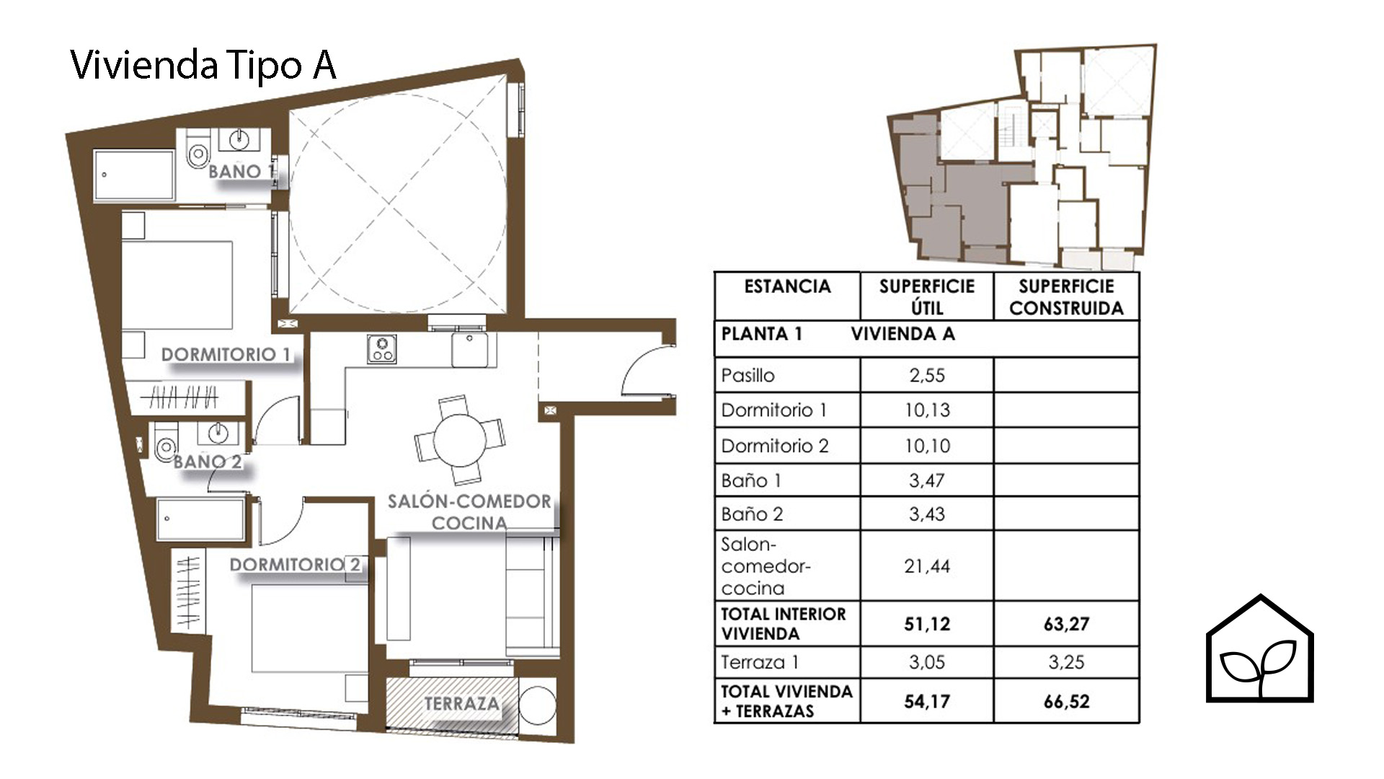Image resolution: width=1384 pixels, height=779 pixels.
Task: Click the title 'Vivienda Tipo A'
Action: pos(203,66)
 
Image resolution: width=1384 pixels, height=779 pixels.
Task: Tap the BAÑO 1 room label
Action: pos(241,172)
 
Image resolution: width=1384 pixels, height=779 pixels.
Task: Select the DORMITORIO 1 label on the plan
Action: pos(226,354)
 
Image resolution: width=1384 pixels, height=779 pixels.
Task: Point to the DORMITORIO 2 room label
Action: pos(295,564)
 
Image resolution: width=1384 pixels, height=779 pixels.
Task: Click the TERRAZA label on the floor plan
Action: pos(461,703)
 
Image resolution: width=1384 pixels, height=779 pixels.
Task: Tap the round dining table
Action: pos(460,439)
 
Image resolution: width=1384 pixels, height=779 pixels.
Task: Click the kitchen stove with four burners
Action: pos(381,349)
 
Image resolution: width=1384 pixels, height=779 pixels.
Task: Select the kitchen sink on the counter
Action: pos(470,349)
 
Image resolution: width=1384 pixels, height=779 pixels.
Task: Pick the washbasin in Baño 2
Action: pos(216,433)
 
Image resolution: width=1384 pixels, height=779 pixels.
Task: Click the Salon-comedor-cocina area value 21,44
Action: pos(927,566)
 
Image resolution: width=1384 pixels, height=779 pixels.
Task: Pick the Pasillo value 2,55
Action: pos(927,375)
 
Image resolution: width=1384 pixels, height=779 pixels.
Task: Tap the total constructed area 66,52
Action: pos(1066,701)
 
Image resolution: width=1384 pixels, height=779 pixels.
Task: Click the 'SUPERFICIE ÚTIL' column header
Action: pos(927,296)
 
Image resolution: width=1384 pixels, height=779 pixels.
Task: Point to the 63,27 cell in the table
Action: pos(1066,623)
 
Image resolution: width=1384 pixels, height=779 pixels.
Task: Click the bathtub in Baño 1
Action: pos(134,175)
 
